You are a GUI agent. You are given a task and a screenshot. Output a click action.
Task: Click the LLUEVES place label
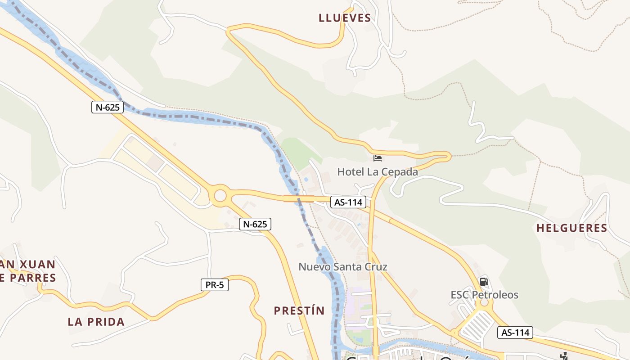pos(345,18)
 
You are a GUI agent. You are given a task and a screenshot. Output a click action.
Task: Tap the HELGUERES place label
pos(571,228)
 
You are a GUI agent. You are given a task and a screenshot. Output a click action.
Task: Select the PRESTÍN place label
pos(299,310)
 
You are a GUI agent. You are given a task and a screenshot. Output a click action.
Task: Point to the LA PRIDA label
pos(96,322)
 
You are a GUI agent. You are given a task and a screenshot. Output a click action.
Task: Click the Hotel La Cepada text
pos(378,172)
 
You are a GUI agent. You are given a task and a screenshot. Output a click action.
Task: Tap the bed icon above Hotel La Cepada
pos(378,158)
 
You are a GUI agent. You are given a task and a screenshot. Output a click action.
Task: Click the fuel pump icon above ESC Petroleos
pos(484,282)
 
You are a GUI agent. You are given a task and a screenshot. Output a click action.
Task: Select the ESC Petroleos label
pos(485,295)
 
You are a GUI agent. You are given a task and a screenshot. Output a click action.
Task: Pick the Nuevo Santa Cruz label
pos(343,267)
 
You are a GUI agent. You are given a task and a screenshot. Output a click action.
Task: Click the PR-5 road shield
pos(214,285)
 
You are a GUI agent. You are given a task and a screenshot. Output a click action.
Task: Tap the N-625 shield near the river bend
pos(108,107)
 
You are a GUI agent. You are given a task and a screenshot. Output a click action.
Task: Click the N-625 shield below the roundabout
pos(255,224)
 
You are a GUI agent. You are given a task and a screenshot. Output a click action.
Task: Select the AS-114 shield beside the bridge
pos(349,202)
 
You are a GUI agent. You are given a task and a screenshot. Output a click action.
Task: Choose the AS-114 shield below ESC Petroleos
pos(515,333)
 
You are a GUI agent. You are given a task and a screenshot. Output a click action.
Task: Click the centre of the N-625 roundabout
pos(220,196)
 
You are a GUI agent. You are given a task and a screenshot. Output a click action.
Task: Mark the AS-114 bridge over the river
pos(298,198)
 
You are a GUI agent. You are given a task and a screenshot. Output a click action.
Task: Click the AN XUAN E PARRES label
pos(28,271)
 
